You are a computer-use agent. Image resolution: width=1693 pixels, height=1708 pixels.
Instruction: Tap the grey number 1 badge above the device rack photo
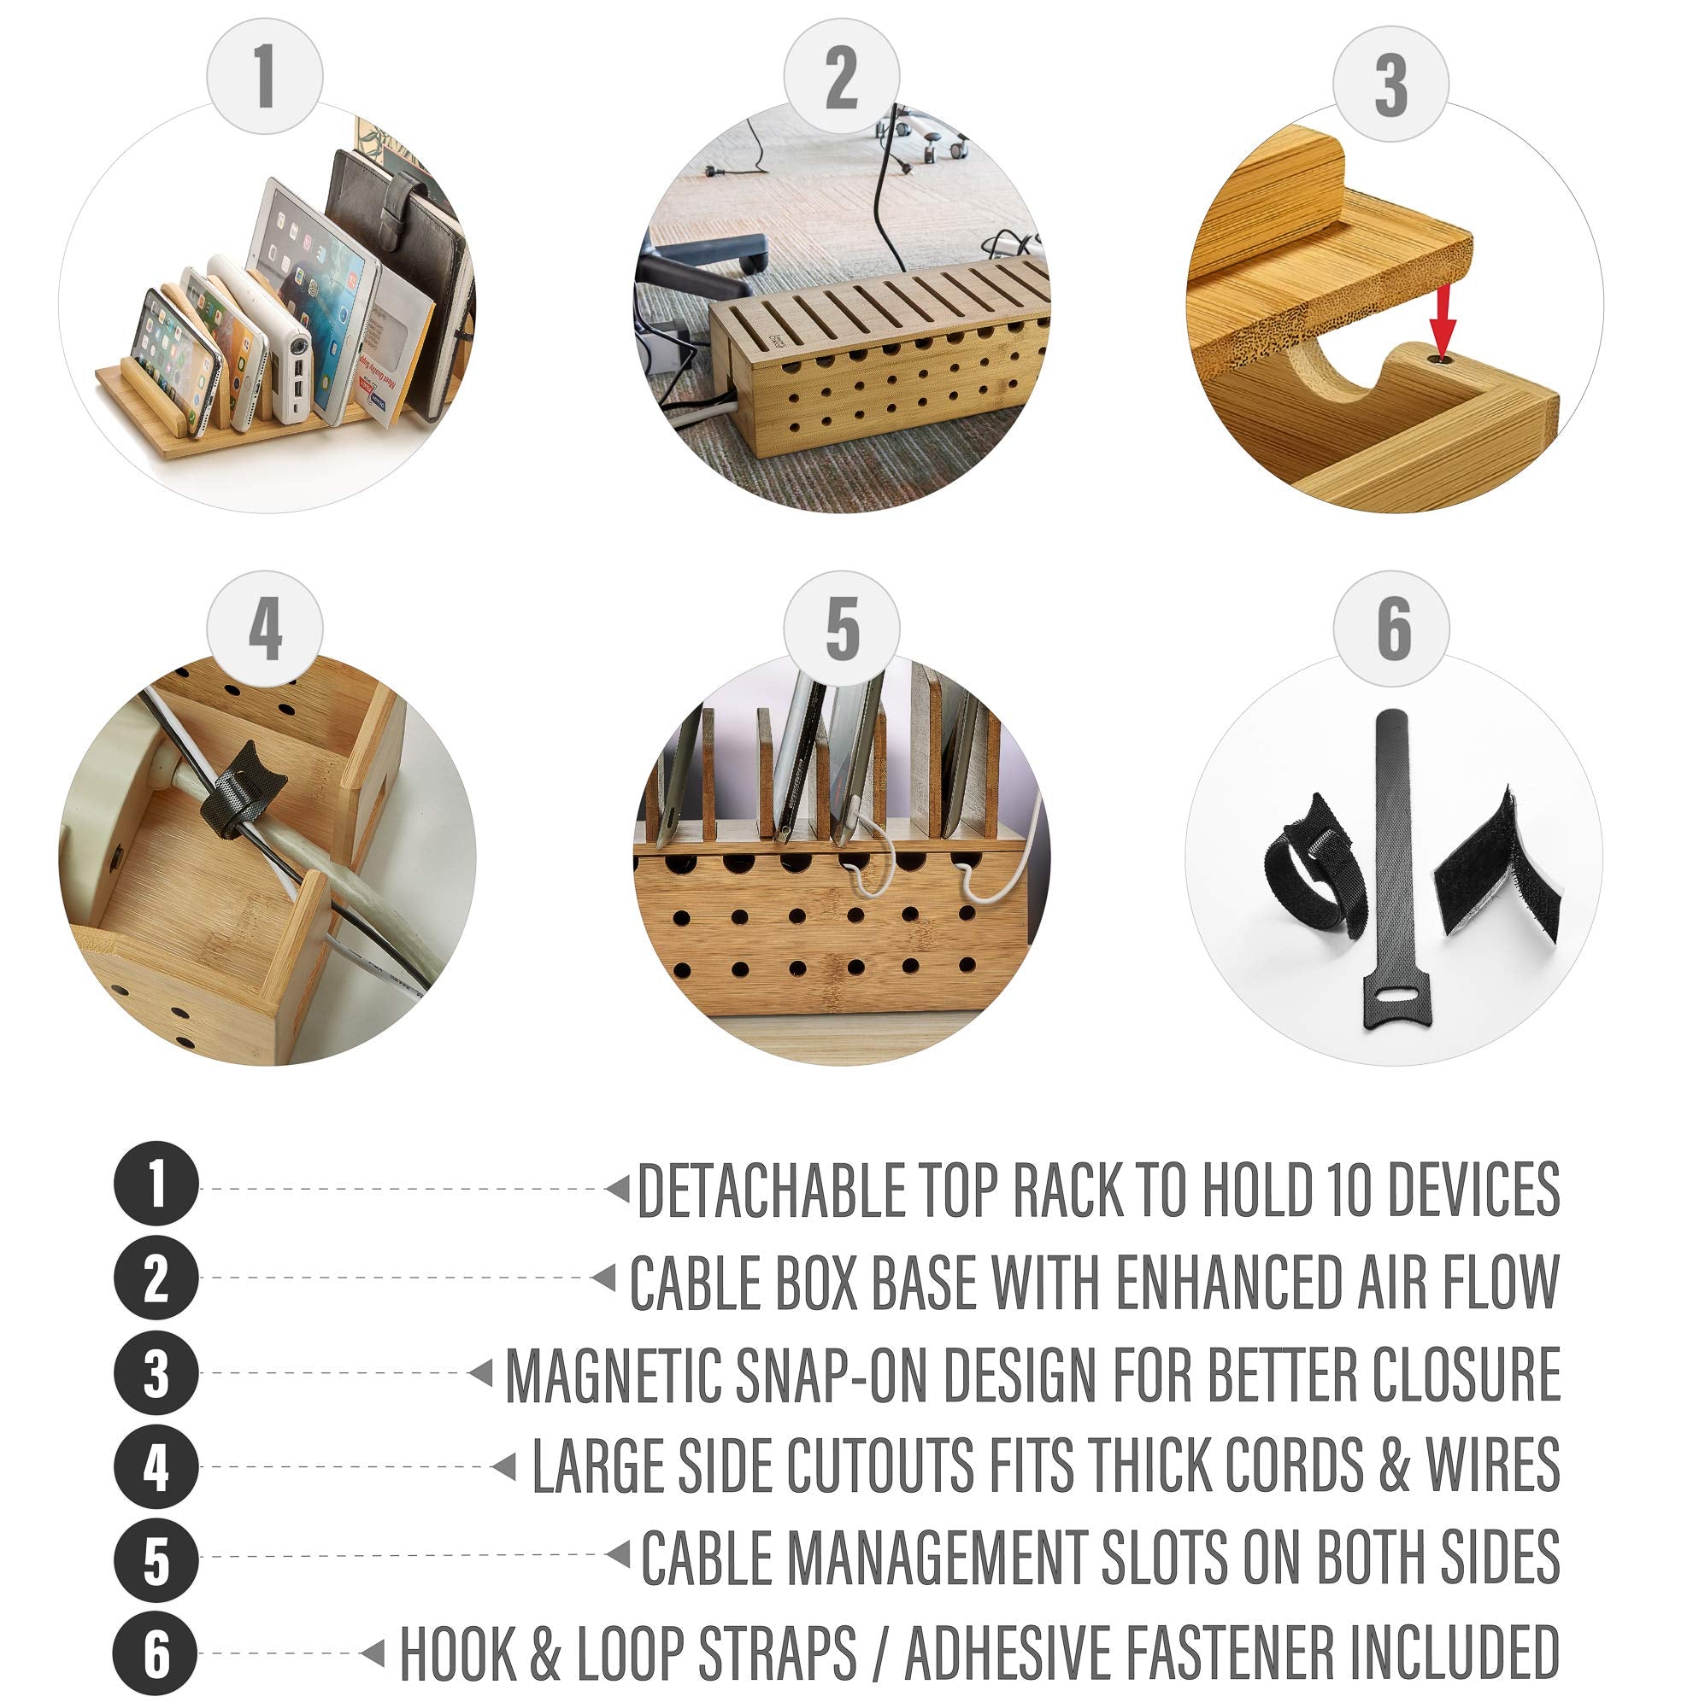[x=264, y=77]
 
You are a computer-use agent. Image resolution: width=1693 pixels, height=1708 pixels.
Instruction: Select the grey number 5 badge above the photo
[x=841, y=628]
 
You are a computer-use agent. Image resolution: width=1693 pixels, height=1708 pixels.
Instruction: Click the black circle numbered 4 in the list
[x=156, y=1466]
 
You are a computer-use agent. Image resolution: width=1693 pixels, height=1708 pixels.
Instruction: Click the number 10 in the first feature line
[x=1348, y=1190]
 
